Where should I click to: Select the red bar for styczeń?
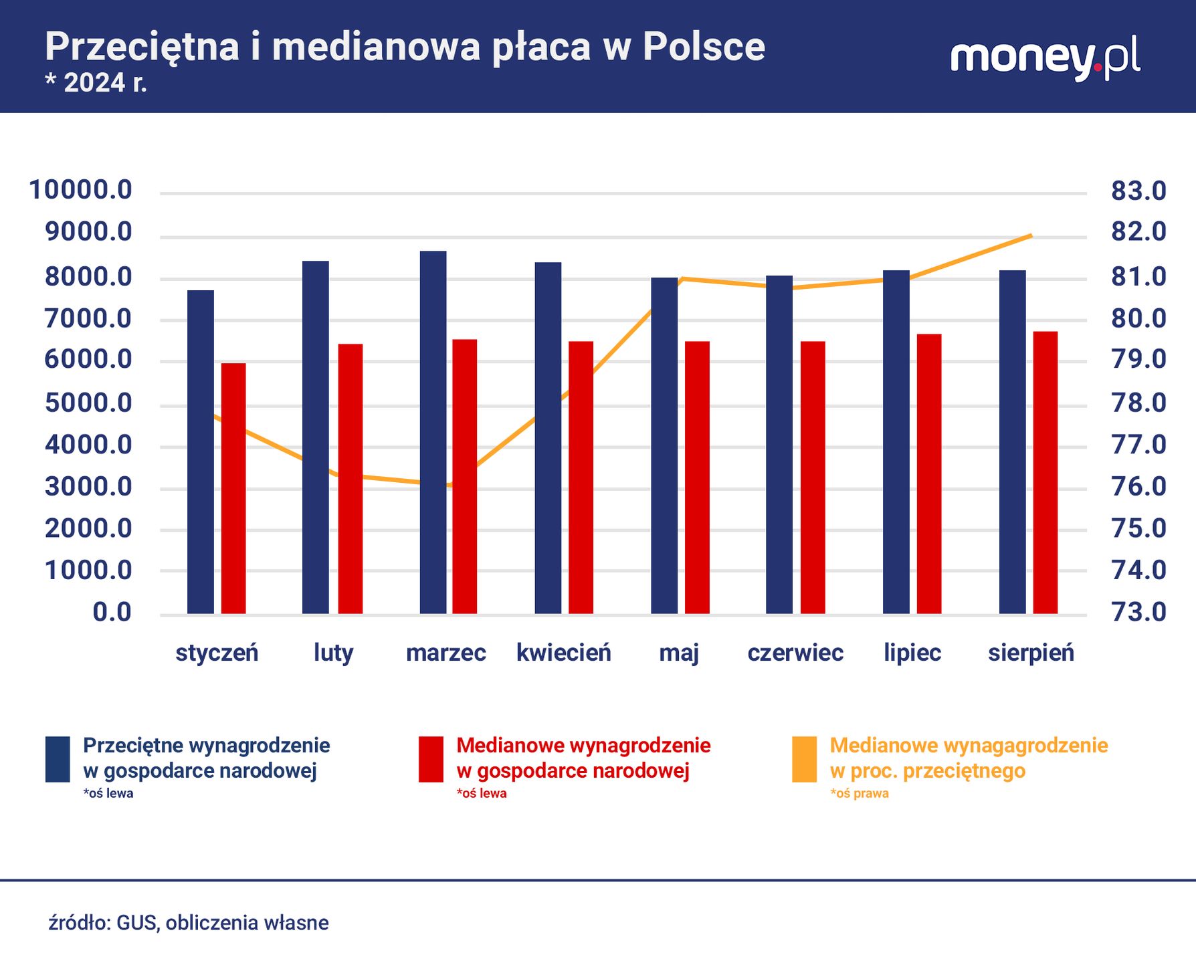233,488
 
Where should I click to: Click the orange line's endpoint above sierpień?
1031,235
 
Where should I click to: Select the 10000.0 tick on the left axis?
80,190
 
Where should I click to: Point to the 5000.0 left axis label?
88,403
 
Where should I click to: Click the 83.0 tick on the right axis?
1138,191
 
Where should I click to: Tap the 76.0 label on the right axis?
1138,486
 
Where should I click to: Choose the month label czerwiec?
795,653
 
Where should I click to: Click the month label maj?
679,653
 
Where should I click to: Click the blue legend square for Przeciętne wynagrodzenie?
58,759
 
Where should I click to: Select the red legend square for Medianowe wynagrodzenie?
431,759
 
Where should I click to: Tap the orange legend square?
804,759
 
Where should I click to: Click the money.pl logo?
1045,59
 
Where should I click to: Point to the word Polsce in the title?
704,47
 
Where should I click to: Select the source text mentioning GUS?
189,923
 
